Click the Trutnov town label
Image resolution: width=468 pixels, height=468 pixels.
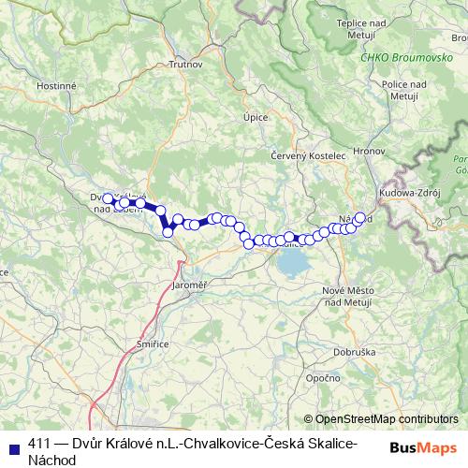(180, 65)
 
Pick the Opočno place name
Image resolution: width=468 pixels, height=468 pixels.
(322, 377)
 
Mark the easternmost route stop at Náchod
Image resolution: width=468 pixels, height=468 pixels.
(359, 217)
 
